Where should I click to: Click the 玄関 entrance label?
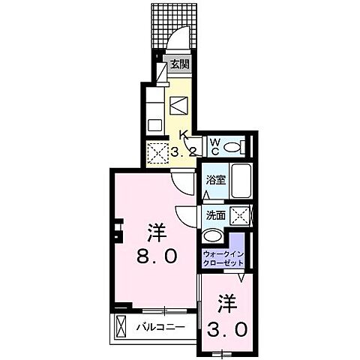[179, 64]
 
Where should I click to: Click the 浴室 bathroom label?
[214, 180]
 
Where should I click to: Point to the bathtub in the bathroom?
[240, 181]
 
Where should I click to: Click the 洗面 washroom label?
[214, 214]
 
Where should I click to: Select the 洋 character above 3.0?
[226, 303]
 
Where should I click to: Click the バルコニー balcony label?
[163, 326]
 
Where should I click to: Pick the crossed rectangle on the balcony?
[122, 326]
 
